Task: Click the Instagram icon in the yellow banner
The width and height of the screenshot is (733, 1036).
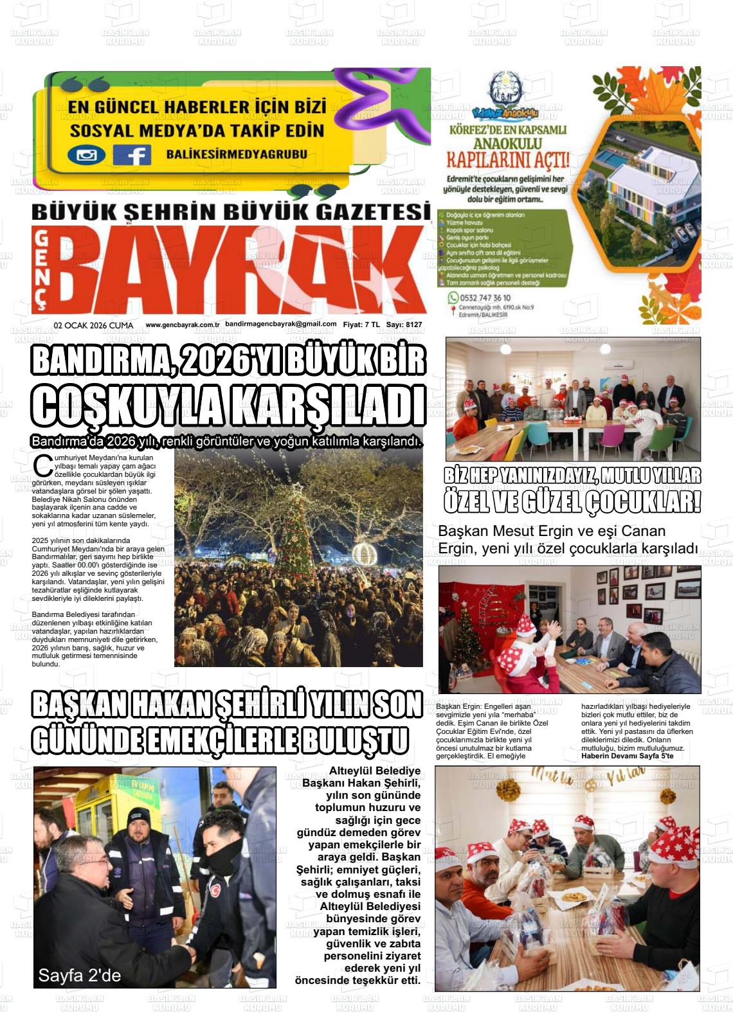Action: pyautogui.click(x=86, y=155)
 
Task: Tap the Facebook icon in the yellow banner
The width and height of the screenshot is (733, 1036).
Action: pyautogui.click(x=132, y=155)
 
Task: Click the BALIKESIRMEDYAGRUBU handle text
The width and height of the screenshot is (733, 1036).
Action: pyautogui.click(x=237, y=154)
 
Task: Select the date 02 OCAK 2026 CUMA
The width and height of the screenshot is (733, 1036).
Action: pyautogui.click(x=94, y=325)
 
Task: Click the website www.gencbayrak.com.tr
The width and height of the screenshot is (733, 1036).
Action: pyautogui.click(x=183, y=325)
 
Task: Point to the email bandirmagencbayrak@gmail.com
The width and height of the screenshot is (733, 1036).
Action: pyautogui.click(x=281, y=325)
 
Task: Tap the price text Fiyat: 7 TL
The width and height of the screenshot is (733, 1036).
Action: pyautogui.click(x=361, y=325)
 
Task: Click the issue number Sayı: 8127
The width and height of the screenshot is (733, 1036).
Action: pyautogui.click(x=404, y=325)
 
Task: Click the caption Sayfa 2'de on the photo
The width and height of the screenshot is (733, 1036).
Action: pyautogui.click(x=79, y=976)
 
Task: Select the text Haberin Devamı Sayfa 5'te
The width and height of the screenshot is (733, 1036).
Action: pyautogui.click(x=626, y=756)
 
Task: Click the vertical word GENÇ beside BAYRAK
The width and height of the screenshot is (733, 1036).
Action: pyautogui.click(x=42, y=270)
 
